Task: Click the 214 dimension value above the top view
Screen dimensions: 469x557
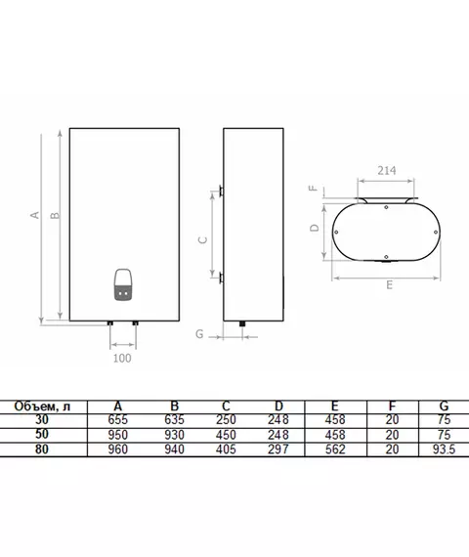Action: [x=387, y=171]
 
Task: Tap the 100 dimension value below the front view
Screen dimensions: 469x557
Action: [x=122, y=358]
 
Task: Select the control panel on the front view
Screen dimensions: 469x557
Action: [x=123, y=284]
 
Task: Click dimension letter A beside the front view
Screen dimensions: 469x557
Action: [x=35, y=215]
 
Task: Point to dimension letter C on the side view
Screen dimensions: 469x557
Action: [x=202, y=240]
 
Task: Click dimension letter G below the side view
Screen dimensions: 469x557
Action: [x=199, y=334]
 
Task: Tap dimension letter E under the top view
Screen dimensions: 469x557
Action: [x=390, y=285]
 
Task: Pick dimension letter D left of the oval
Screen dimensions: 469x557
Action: [x=315, y=228]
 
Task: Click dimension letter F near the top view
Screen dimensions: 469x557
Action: [x=314, y=189]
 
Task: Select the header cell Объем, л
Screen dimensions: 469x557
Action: [x=42, y=407]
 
